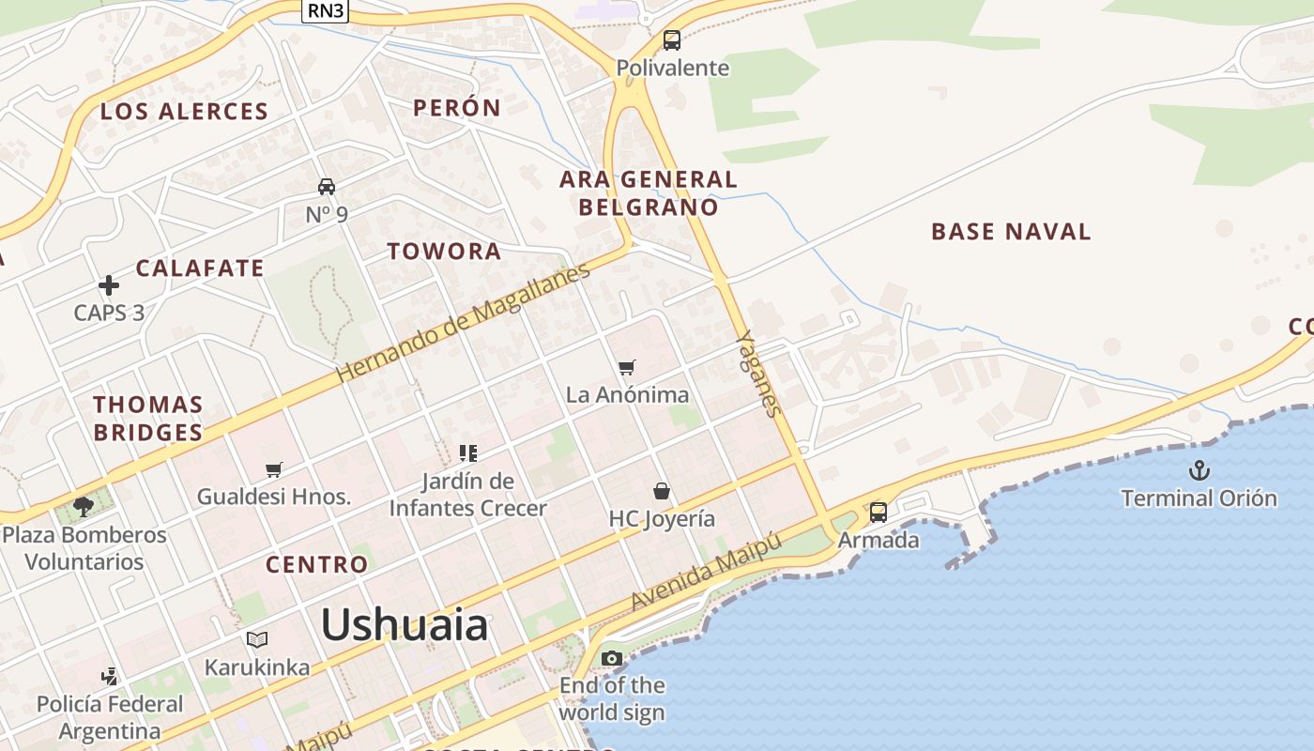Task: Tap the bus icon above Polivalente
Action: coord(672,40)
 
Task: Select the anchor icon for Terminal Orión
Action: coord(1199,470)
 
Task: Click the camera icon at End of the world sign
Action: coord(612,658)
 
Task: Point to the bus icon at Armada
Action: coord(879,512)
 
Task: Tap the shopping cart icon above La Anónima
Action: coord(627,367)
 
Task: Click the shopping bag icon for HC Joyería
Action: coord(662,491)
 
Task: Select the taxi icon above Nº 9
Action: coord(327,187)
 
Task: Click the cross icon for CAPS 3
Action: coord(109,284)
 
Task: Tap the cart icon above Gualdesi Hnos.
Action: coord(274,468)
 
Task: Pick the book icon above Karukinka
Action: coord(257,639)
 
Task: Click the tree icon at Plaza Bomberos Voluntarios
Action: coord(84,507)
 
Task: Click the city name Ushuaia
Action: coord(405,624)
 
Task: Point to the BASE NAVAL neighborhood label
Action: coord(1011,232)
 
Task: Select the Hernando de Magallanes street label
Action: coord(464,321)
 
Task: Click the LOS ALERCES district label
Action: coord(184,112)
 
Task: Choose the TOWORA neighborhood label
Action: coord(445,252)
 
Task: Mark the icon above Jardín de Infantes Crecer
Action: coord(468,453)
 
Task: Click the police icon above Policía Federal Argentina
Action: coord(110,676)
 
